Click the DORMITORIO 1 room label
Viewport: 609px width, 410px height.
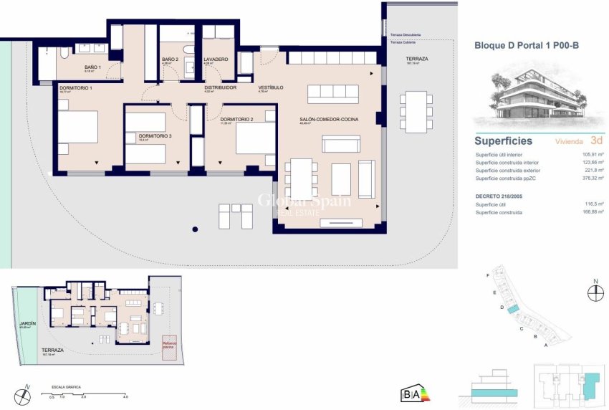75,87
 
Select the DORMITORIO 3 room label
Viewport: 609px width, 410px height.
155,135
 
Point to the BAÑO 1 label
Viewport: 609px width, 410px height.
93,67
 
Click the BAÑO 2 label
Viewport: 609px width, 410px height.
169,59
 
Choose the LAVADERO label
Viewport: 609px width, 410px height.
215,59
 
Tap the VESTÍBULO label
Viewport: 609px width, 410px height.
271,87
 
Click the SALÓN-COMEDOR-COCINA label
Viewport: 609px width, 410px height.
329,119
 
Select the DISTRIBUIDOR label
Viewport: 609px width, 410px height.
220,87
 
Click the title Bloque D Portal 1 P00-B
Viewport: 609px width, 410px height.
527,44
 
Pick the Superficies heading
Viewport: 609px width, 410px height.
503,141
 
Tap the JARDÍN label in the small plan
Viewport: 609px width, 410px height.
27,324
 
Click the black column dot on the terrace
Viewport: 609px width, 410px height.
194,230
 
